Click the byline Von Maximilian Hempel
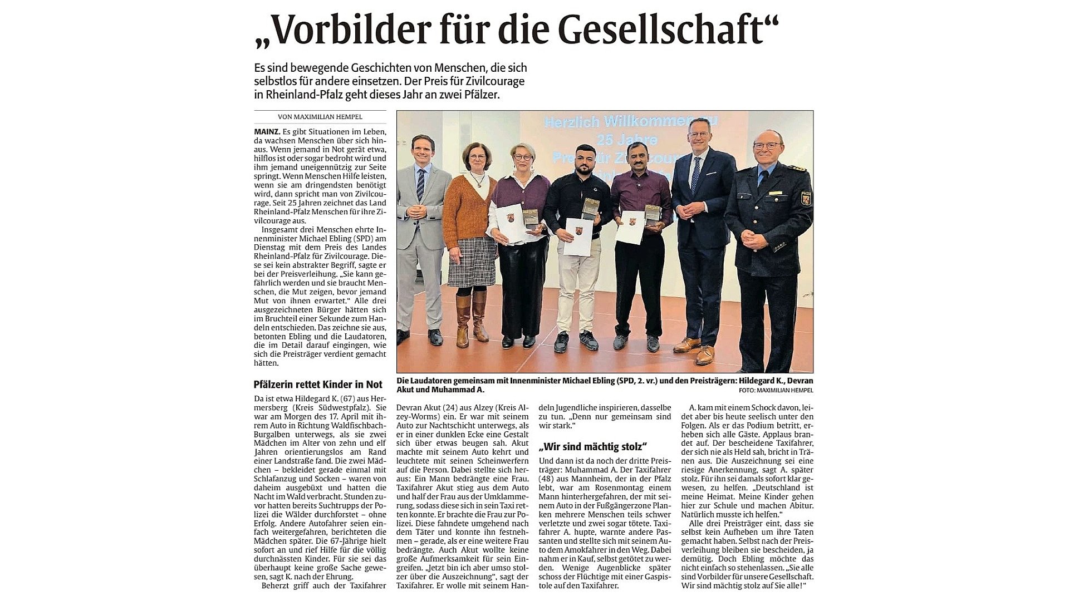320,117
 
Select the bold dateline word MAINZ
267,132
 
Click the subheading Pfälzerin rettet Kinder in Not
318,385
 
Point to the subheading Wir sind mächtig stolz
592,446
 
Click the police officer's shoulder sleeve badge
806,199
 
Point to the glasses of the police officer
767,146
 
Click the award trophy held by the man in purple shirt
652,215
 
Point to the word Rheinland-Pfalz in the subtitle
296,95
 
